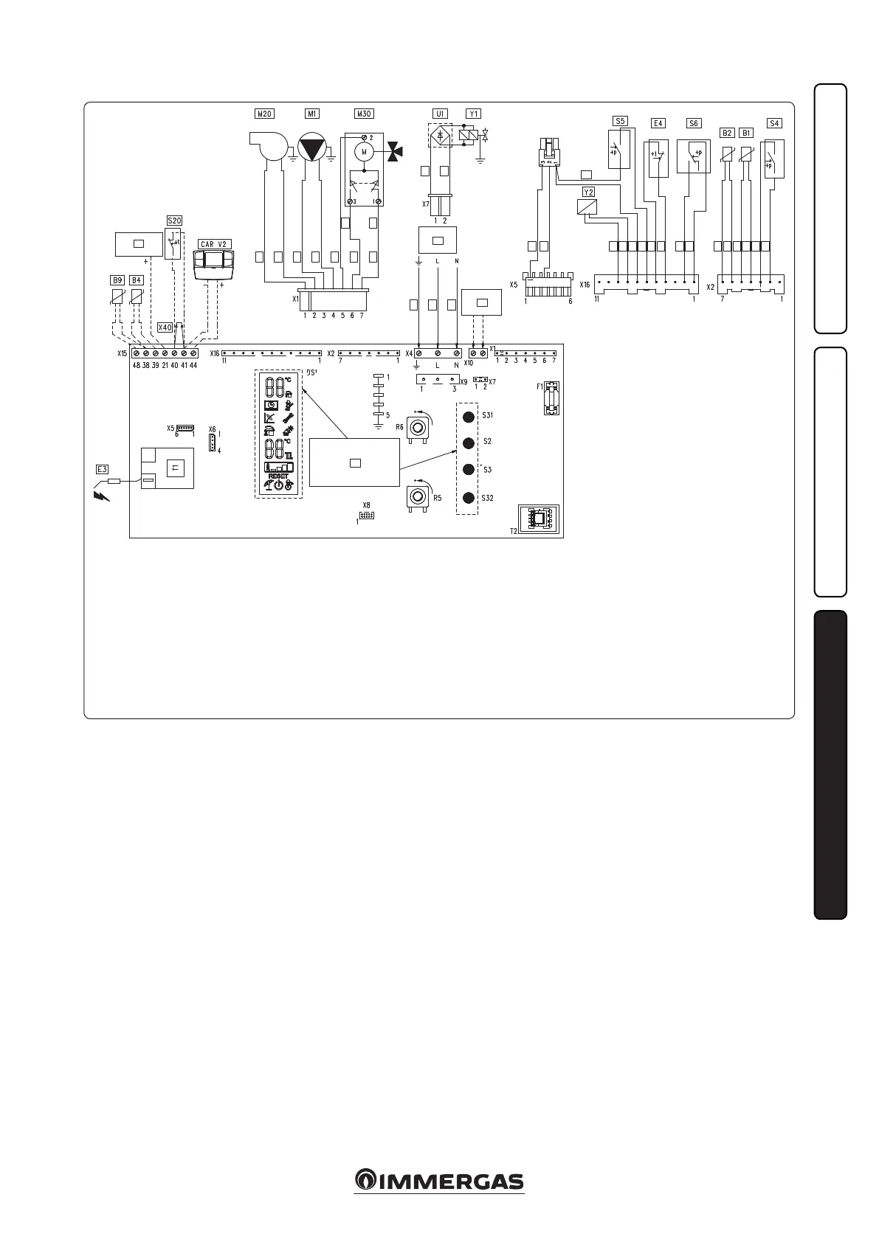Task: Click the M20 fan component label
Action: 263,114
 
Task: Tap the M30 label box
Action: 364,114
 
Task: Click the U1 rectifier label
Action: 440,114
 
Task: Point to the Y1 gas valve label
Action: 473,114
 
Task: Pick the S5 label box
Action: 620,120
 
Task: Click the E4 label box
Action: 658,123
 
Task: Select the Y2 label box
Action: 588,192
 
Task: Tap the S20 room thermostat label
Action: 173,220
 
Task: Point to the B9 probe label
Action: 117,280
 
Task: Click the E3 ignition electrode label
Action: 103,468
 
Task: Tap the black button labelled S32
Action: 468,497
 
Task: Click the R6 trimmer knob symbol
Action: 418,429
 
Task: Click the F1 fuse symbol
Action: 551,398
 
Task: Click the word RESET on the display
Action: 278,476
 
